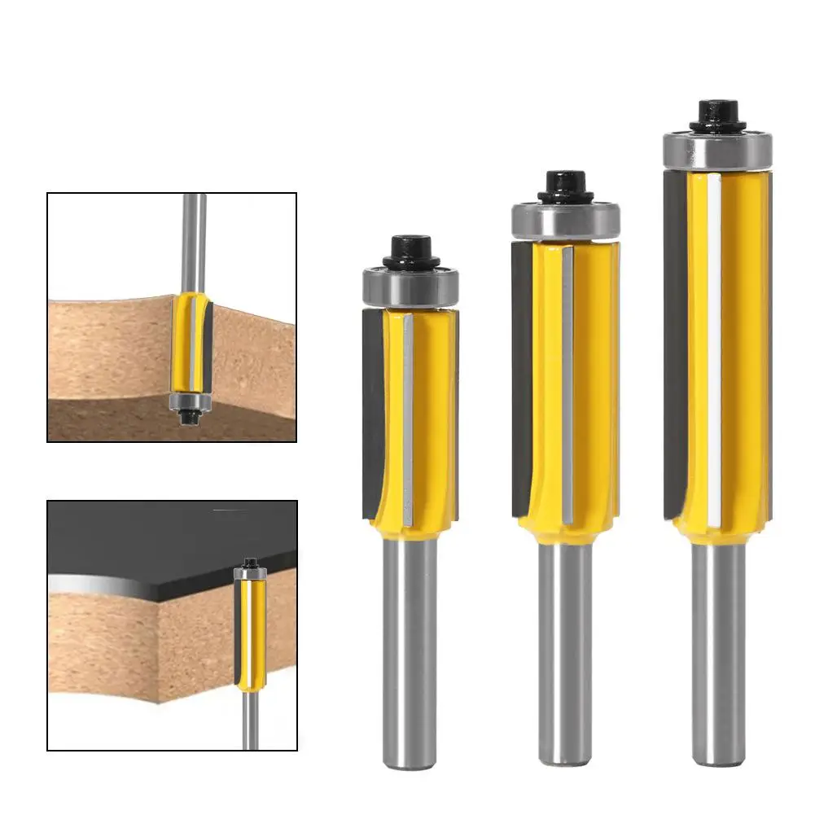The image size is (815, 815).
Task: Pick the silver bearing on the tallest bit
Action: (716, 150)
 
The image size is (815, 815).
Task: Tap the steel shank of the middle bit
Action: (564, 651)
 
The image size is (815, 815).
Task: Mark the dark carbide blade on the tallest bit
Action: (675, 342)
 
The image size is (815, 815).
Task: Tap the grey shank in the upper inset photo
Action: (195, 236)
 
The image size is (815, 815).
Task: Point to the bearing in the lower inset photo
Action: (249, 573)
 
